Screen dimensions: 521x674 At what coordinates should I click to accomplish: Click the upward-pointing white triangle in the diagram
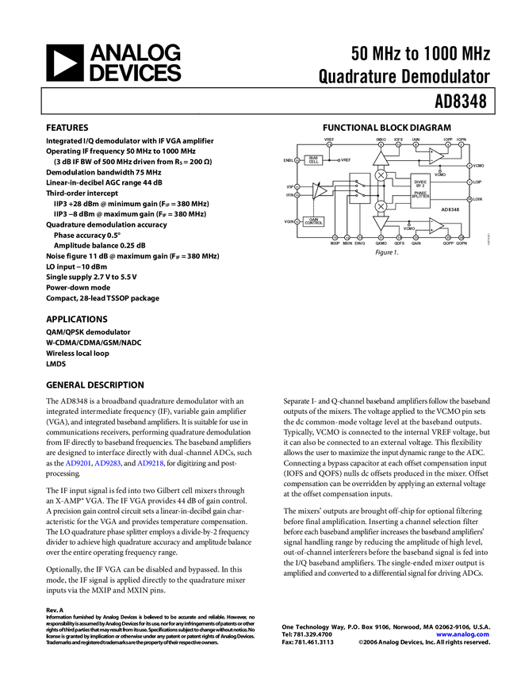[381, 159]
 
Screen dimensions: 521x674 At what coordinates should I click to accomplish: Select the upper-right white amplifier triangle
[436, 156]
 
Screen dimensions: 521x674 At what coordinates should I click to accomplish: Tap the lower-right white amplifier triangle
[436, 226]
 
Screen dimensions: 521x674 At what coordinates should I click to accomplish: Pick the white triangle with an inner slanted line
[319, 191]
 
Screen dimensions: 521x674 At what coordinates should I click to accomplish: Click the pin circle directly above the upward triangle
[381, 144]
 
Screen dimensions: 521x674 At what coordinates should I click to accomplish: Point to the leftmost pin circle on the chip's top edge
[329, 144]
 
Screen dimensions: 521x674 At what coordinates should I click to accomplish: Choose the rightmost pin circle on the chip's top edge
[461, 144]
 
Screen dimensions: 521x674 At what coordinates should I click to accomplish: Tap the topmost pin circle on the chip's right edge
[469, 166]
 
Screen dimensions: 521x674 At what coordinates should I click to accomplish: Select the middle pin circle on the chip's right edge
[469, 182]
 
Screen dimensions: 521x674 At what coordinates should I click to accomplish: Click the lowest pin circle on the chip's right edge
[469, 199]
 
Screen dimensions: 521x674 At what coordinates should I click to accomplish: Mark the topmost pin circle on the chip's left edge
[297, 160]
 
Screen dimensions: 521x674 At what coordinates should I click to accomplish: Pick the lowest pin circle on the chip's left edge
[297, 221]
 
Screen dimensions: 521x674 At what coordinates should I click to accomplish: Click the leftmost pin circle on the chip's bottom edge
[335, 237]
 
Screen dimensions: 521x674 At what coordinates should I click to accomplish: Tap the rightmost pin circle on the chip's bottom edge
[461, 237]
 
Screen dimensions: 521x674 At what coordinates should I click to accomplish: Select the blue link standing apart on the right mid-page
[151, 463]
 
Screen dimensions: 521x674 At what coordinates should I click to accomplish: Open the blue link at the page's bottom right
[463, 634]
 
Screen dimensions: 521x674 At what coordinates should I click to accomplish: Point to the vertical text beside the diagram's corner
[488, 239]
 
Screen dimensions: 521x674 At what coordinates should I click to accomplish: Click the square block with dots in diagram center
[358, 189]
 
